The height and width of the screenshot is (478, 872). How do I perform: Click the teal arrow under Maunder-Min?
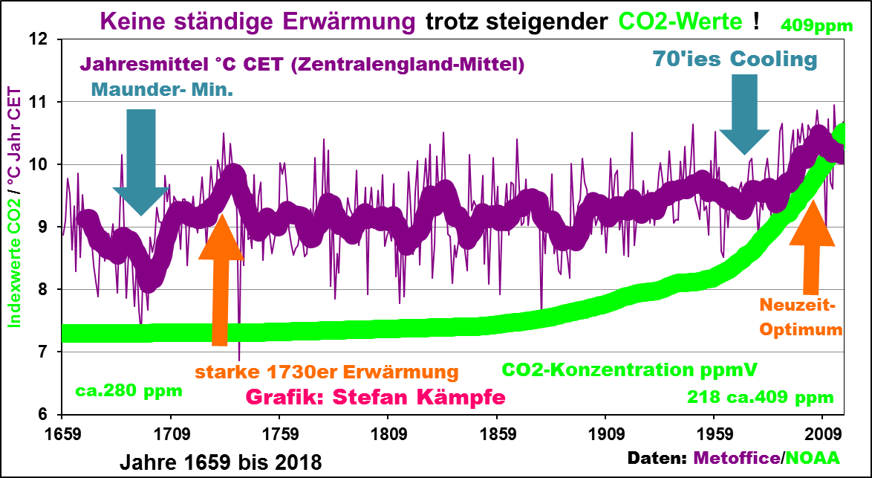tap(141, 160)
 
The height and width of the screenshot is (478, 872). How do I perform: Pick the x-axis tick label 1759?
tap(280, 431)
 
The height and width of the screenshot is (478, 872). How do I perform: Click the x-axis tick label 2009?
tap(822, 431)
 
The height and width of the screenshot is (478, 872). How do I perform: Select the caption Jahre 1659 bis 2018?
tap(221, 462)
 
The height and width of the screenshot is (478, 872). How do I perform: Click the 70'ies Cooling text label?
tap(735, 59)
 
